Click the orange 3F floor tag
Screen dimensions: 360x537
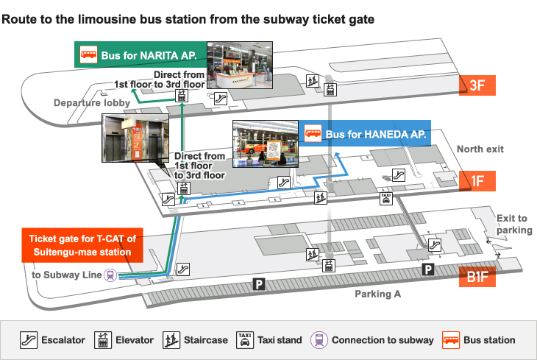pos(477,85)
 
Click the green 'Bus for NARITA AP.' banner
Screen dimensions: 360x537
pos(140,54)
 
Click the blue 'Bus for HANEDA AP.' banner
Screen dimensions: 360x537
pos(365,134)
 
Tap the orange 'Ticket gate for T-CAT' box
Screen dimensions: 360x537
pos(83,245)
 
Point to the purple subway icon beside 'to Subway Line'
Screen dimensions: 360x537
pos(110,275)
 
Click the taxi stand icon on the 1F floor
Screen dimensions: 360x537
pos(385,198)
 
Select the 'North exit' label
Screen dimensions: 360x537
pos(480,149)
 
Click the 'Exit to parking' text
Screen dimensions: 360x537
pos(513,224)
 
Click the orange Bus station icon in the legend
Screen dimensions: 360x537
pos(451,339)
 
